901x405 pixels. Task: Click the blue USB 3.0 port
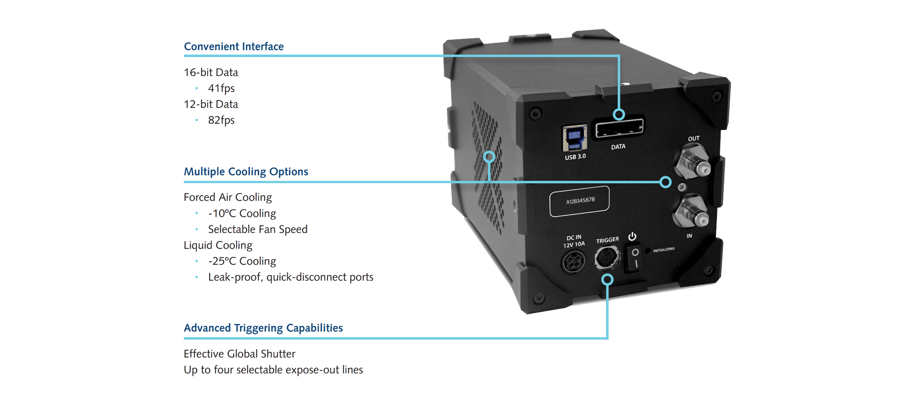point(574,138)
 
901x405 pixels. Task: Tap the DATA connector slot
point(619,129)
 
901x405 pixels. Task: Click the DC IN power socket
point(573,262)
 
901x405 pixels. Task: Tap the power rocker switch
point(635,258)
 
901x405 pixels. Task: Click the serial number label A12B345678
point(580,201)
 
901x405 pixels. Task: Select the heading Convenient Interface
point(233,46)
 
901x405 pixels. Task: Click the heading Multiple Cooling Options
point(246,171)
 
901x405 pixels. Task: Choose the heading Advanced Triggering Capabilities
point(263,328)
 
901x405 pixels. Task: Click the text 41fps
point(221,88)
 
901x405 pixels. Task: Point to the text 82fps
point(221,120)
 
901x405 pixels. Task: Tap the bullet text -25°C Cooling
point(242,261)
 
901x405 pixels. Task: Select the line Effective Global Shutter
point(239,354)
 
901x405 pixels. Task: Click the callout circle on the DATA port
point(619,114)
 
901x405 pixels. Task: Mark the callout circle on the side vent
point(489,157)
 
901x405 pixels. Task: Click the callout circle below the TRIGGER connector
point(607,279)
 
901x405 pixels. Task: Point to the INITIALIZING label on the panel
point(664,249)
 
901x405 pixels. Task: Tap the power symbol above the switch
point(633,236)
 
